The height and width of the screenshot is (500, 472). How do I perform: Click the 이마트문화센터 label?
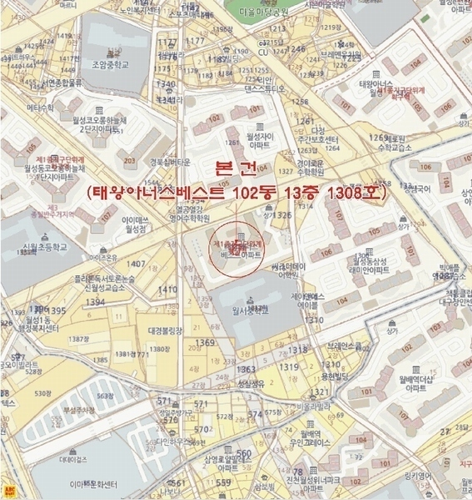pyautogui.click(x=95, y=483)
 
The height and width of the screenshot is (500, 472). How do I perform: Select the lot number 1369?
pyautogui.click(x=206, y=342)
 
